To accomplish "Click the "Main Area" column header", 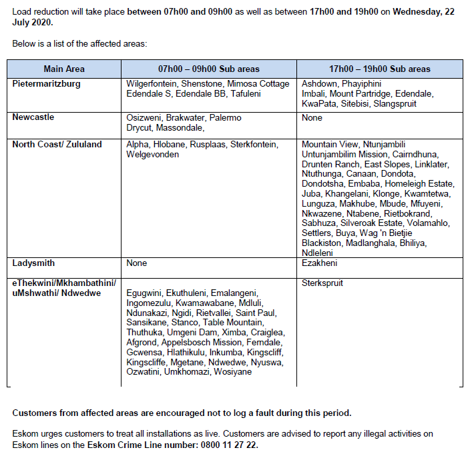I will point(64,69).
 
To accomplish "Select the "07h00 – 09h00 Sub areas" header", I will point(208,69).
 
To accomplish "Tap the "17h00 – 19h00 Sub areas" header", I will point(380,69).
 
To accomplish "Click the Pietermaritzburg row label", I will point(47,84).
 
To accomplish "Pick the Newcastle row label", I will point(33,117).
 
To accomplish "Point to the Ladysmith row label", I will point(33,263).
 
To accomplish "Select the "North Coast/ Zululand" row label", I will point(57,144).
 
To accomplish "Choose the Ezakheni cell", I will point(320,263).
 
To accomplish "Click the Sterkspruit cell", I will point(322,283).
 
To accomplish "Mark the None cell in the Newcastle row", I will point(312,117).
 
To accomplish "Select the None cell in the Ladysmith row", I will point(137,263).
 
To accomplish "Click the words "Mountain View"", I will point(330,144).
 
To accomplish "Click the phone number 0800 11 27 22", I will point(230,444).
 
